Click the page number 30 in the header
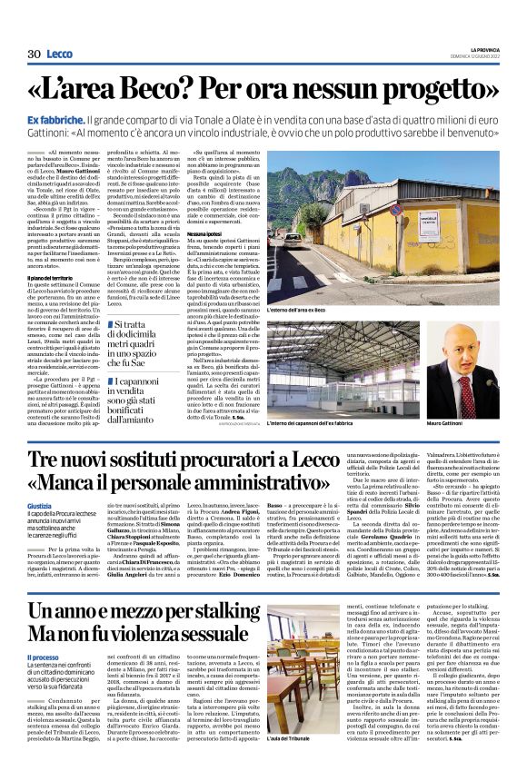click(x=35, y=55)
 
